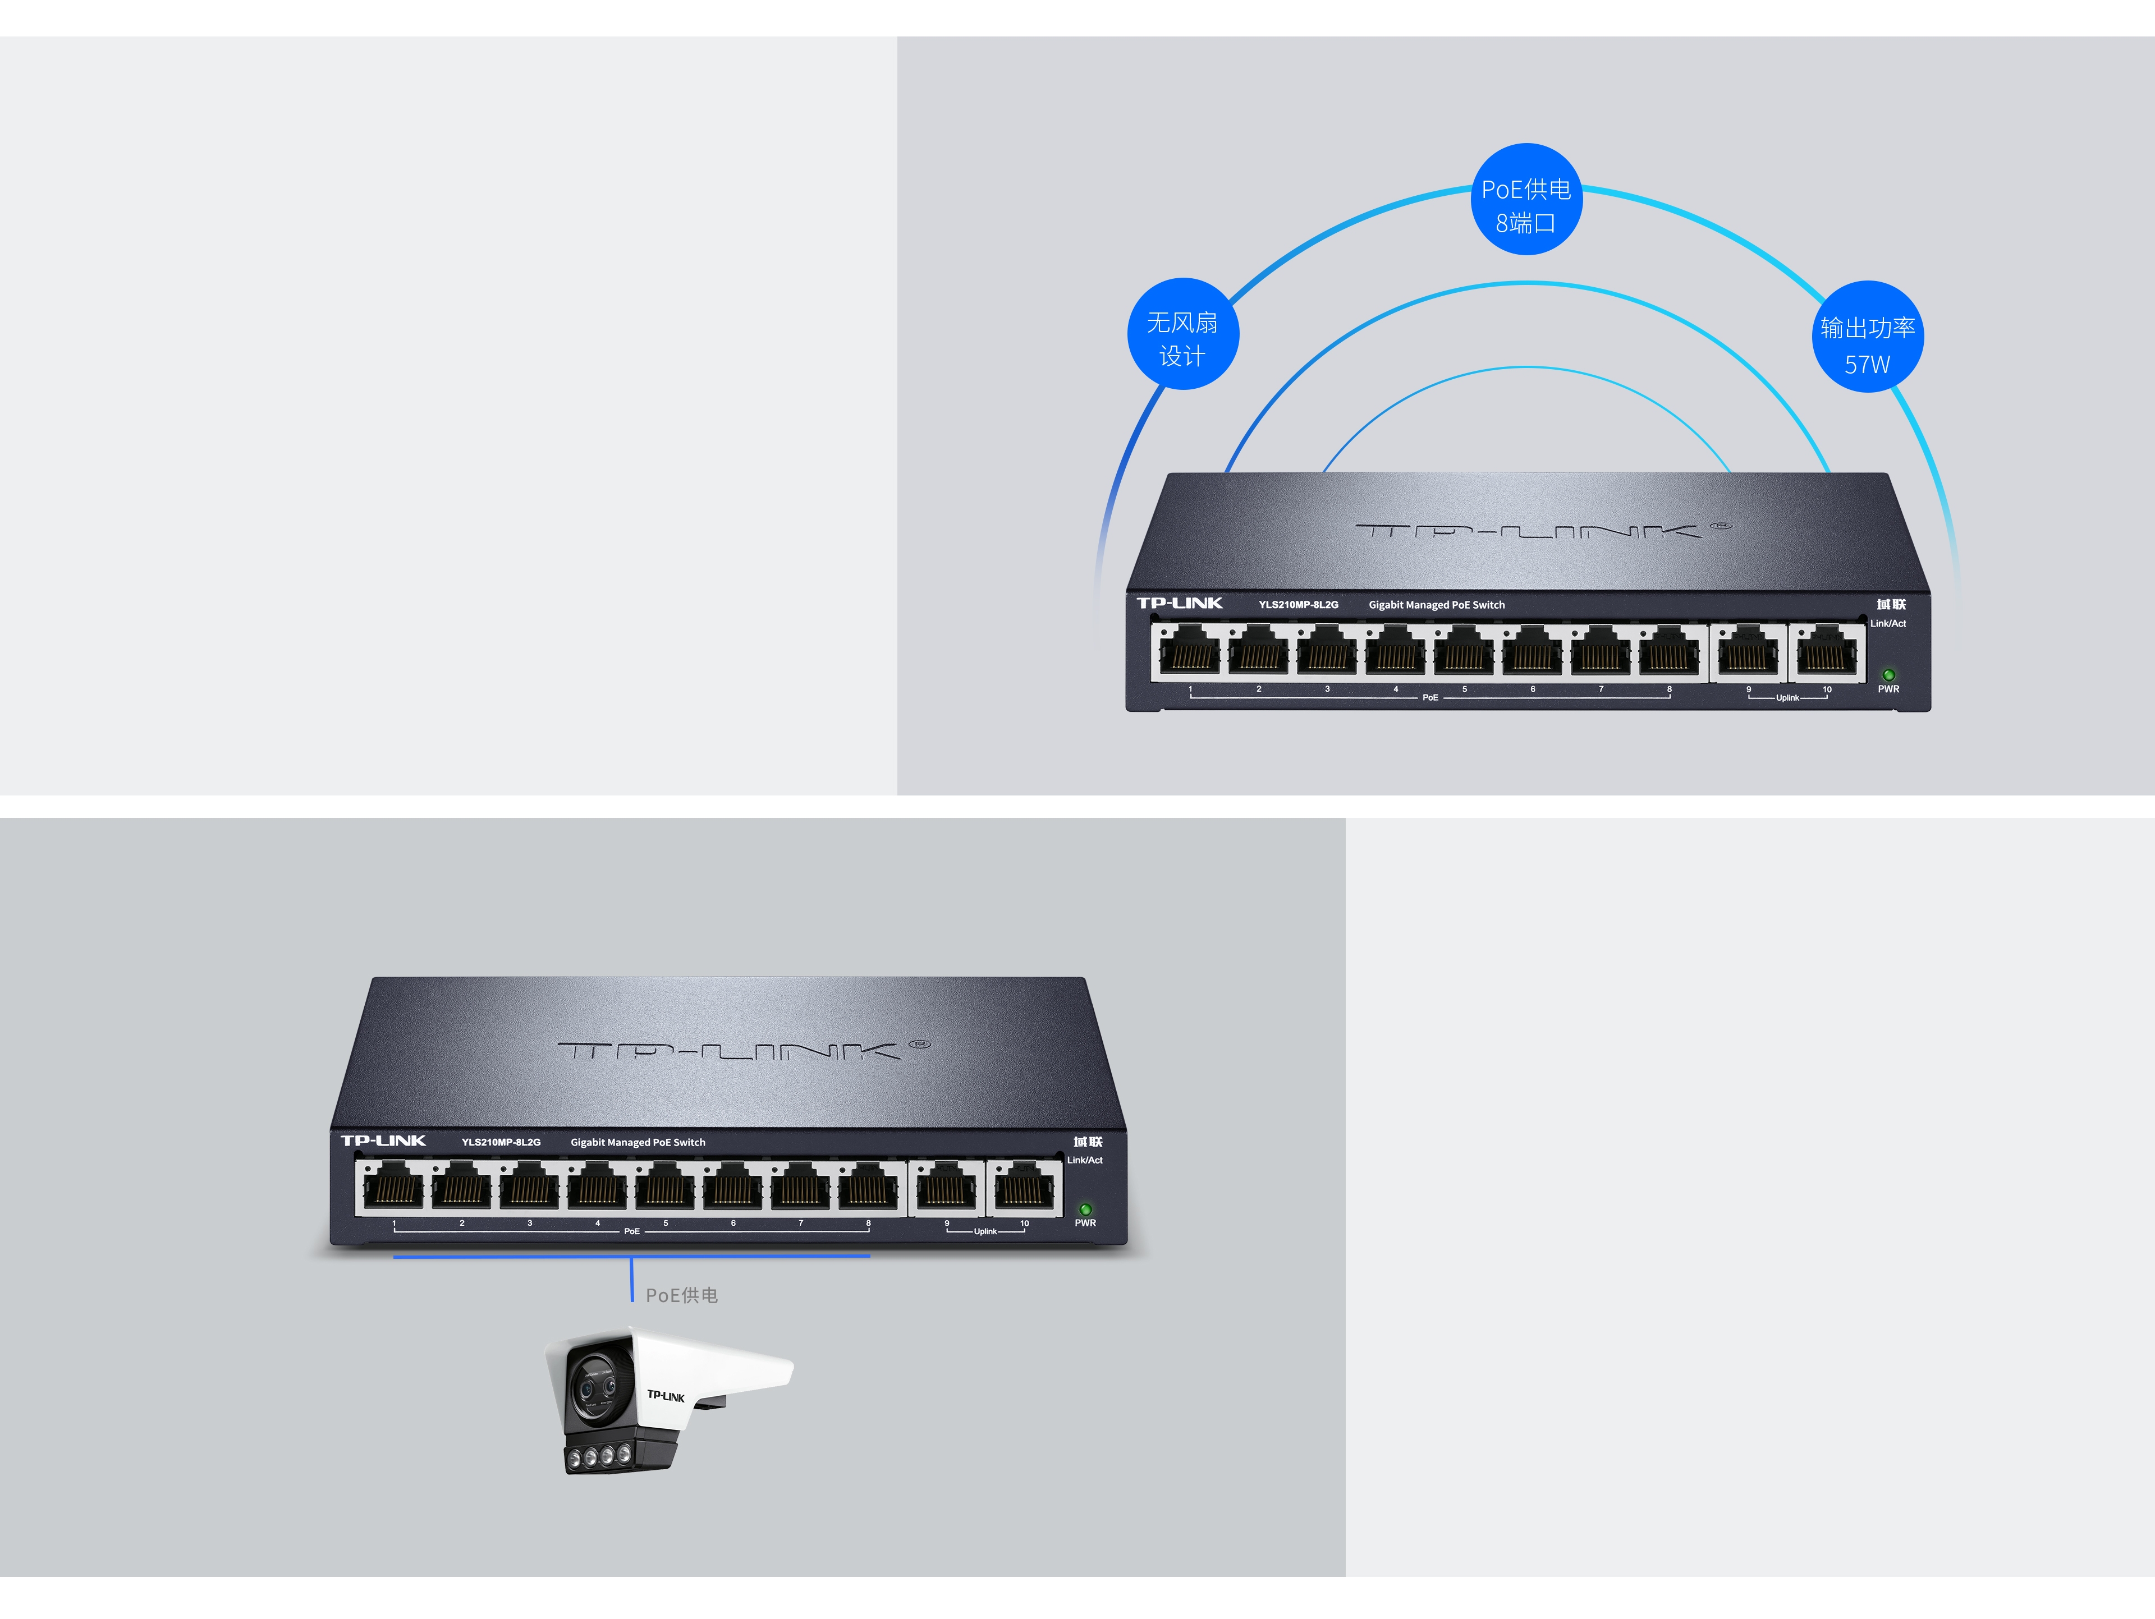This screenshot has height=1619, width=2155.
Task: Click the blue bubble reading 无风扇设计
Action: coord(1182,334)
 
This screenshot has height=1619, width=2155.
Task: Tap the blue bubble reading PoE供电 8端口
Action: coord(1526,200)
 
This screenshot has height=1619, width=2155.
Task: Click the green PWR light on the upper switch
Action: coord(1888,674)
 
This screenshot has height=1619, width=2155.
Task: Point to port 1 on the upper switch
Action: coord(1190,651)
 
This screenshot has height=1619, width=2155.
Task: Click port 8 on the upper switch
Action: coord(1669,651)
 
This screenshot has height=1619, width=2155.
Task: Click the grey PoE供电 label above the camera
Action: coord(682,1295)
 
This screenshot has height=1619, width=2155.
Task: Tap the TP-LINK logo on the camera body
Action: coord(666,1396)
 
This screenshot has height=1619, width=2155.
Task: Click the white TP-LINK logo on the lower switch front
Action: coord(383,1140)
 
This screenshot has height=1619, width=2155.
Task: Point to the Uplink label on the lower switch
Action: coord(985,1231)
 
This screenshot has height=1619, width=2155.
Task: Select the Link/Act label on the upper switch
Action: coord(1887,623)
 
